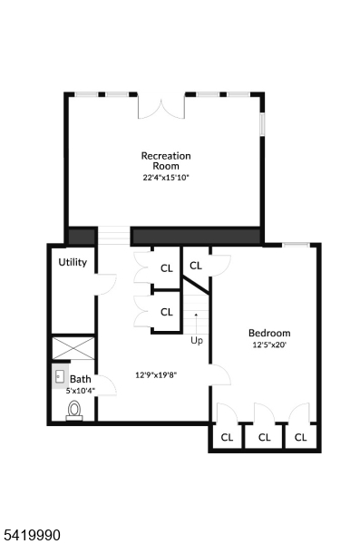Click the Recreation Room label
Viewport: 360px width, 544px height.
[x=166, y=160]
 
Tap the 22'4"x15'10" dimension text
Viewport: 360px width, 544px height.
[x=166, y=178]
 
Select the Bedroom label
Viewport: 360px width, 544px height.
[x=269, y=333]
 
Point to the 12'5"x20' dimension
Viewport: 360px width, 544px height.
[x=269, y=345]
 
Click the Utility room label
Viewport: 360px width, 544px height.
[x=73, y=262]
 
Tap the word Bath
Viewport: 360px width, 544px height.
[x=81, y=379]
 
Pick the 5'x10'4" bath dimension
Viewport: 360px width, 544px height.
[x=81, y=391]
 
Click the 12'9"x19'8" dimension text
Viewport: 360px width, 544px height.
[x=155, y=374]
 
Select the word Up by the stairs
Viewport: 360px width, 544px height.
[x=196, y=341]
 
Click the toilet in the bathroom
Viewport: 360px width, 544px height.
[x=74, y=412]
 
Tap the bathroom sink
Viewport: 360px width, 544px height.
[x=60, y=375]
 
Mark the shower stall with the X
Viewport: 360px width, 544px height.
[x=73, y=349]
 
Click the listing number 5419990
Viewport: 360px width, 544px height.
[x=32, y=536]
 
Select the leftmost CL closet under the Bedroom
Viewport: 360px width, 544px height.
[x=227, y=437]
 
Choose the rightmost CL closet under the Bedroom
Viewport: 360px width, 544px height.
[x=300, y=437]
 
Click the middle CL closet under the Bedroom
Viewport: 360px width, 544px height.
[x=264, y=437]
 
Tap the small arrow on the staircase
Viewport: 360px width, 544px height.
[x=196, y=316]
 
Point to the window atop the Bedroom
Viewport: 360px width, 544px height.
[x=295, y=244]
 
